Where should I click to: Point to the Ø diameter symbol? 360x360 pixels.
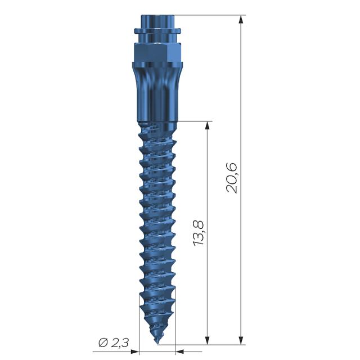(x=102, y=343)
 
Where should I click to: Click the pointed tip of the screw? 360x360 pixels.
(x=157, y=342)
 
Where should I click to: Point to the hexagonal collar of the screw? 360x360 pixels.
(x=157, y=55)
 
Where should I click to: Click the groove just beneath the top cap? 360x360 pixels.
(x=157, y=37)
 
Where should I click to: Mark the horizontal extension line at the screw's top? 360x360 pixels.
(x=208, y=15)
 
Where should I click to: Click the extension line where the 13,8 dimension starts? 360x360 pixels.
(x=194, y=121)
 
